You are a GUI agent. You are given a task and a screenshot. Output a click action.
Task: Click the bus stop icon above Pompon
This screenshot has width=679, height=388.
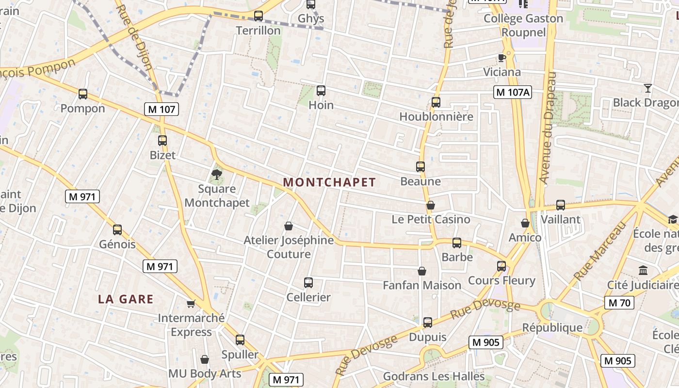83,94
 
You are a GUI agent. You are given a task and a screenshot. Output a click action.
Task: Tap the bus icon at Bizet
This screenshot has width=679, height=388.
162,141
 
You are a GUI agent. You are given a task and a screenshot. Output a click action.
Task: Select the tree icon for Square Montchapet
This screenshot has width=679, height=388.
217,174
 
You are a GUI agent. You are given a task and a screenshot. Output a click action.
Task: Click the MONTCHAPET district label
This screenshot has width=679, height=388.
329,182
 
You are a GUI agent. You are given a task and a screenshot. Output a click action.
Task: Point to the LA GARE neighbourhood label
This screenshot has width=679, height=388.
126,299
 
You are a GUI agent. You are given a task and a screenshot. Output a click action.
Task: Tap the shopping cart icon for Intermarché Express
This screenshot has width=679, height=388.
191,304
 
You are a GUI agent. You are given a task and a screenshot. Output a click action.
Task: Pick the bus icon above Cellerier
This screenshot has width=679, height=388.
308,282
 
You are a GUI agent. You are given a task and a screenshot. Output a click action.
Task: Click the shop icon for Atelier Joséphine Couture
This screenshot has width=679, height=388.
289,226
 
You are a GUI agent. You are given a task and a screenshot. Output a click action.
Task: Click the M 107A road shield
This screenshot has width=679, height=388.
513,92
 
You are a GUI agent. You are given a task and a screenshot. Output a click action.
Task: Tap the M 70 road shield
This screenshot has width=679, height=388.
619,303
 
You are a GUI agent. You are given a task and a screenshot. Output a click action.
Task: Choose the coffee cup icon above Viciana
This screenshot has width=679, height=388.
502,58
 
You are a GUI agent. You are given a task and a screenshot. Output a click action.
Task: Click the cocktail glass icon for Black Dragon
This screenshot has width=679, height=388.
647,88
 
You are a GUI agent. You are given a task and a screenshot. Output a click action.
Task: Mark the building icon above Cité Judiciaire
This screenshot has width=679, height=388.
643,270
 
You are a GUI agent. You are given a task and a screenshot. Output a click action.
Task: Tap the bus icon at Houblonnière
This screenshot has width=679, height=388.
436,102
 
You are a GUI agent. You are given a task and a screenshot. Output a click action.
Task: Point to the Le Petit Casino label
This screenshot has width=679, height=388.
431,220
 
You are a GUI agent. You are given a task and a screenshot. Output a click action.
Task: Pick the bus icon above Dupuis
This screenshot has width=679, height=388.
427,322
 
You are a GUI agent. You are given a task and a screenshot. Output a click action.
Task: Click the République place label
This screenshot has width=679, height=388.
552,328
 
